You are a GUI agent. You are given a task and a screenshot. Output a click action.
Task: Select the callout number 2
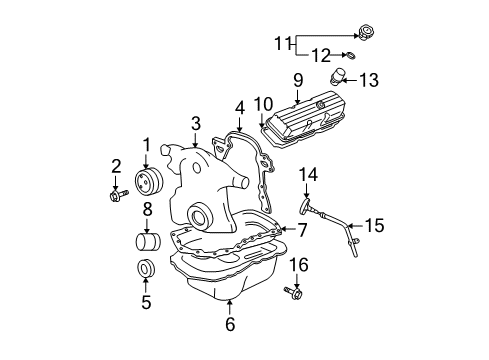point(116,165)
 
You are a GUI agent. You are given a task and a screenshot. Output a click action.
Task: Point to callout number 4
point(239,107)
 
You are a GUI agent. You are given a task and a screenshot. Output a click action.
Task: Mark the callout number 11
point(283,43)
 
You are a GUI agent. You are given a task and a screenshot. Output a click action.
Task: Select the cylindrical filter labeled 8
point(147,242)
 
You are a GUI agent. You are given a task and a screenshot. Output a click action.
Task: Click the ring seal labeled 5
point(145,270)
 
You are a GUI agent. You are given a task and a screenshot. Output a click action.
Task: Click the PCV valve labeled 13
point(343,78)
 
